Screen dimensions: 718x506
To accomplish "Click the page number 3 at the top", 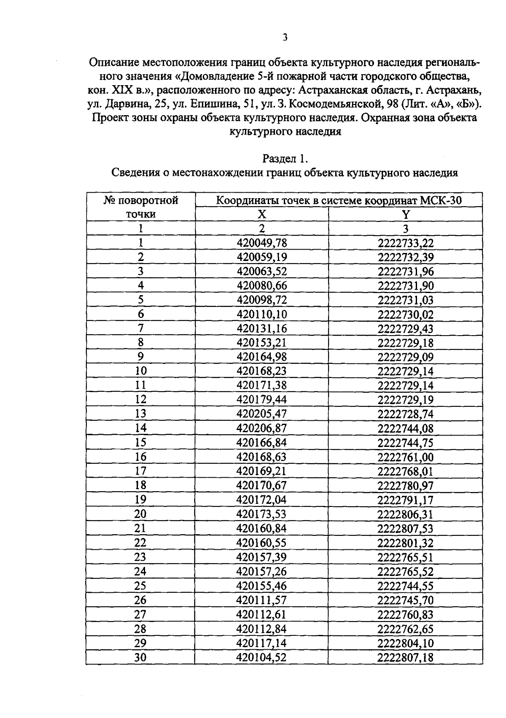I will [285, 38].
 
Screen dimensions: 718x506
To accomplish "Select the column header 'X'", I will [262, 214].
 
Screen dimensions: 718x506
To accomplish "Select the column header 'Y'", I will [405, 214].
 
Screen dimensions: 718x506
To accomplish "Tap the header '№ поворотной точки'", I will [141, 207].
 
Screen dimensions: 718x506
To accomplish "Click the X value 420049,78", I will [262, 243].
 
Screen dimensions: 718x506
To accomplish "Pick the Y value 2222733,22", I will [406, 243].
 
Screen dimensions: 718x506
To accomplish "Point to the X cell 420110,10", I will [262, 314].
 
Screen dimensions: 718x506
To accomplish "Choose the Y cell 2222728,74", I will [406, 414].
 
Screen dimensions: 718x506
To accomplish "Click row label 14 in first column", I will [140, 428].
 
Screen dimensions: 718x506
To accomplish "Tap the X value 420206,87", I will [262, 428].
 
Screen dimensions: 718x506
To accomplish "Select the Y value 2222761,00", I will [406, 457].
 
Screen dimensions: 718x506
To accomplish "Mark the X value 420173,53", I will [262, 514].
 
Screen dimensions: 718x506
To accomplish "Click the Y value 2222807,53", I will [406, 528].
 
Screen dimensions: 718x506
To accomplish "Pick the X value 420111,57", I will [262, 600].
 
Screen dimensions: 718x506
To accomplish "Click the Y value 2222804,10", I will [406, 643].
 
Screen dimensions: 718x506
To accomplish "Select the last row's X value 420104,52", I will [262, 657].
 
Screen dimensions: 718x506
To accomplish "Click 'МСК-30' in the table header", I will [441, 200].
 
